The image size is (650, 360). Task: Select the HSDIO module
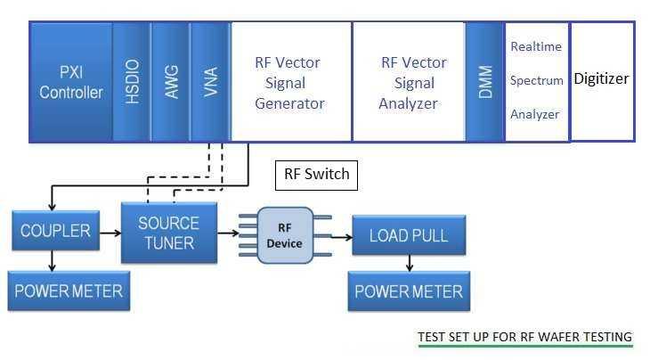coord(131,81)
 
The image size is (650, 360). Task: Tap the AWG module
coord(170,81)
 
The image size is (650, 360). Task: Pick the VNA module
coord(210,81)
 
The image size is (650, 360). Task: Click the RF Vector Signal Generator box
coord(290,81)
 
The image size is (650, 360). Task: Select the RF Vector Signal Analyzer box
coord(409,81)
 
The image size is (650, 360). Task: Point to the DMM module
coord(485,81)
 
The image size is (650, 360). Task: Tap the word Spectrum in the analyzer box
coord(536,80)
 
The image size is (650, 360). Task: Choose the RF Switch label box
coord(316,175)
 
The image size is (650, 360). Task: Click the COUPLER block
coord(56,232)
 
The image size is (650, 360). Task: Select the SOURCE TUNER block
coord(168,233)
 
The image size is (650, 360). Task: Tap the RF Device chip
coord(285,236)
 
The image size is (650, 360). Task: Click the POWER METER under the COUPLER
coord(69,291)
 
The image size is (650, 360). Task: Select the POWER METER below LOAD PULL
coord(409,291)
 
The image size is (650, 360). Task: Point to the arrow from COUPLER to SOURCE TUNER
coord(110,232)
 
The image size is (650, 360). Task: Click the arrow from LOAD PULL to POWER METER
coord(409,264)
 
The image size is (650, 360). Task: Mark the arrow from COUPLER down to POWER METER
coord(53,261)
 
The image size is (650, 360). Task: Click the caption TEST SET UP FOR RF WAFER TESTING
coord(524,337)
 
